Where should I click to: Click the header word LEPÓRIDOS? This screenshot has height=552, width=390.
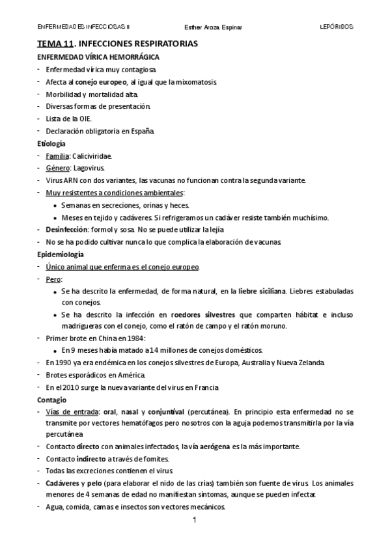[x=336, y=27]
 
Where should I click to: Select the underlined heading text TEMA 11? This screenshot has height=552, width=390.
[x=55, y=44]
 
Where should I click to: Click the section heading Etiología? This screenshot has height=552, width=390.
[x=51, y=144]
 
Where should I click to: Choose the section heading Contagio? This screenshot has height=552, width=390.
[x=52, y=399]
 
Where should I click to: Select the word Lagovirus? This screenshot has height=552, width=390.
[x=89, y=169]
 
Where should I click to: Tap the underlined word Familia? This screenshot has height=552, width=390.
[x=57, y=156]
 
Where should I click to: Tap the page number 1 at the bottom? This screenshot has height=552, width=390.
[x=195, y=521]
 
